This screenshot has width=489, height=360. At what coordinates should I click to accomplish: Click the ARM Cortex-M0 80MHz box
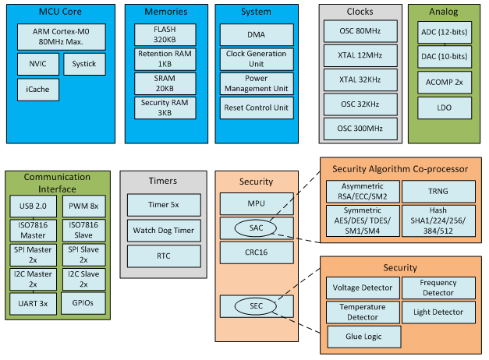58,37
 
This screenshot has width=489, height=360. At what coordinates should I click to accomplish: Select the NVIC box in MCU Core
37,63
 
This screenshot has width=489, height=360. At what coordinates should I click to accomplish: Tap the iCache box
37,90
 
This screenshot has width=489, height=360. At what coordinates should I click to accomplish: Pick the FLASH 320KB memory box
165,34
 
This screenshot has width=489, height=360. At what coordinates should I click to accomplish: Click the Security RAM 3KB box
165,108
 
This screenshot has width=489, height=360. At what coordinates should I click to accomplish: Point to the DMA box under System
256,34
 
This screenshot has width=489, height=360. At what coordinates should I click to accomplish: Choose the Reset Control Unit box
256,108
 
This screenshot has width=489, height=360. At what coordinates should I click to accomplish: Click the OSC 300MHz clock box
360,129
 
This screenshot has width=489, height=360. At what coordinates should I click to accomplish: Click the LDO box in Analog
444,106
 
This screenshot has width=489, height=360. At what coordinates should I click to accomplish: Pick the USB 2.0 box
32,206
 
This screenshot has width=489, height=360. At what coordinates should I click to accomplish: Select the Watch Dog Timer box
163,231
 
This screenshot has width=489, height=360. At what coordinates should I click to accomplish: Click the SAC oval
257,227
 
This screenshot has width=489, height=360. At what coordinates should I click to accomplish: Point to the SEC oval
257,306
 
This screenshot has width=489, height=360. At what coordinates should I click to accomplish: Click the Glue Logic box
363,337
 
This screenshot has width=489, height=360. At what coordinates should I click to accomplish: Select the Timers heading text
163,181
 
